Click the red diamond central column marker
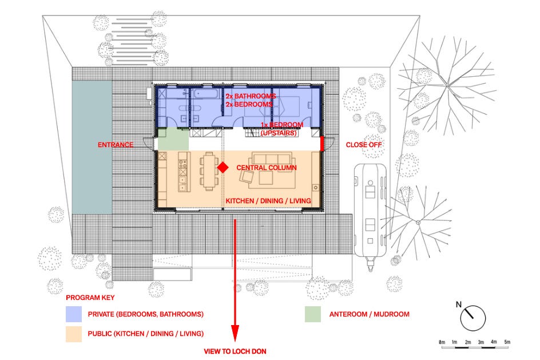tap(223, 168)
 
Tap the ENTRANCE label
tap(116, 145)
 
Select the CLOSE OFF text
tap(364, 145)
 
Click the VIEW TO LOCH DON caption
tap(235, 351)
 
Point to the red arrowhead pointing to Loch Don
tap(235, 333)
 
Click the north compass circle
tap(473, 318)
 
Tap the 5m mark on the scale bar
tap(507, 342)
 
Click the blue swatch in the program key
tap(74, 314)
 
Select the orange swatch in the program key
tap(74, 334)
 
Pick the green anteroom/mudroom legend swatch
tap(313, 314)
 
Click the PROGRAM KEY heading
tap(90, 298)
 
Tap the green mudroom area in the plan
tap(173, 139)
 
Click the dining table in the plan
tap(209, 171)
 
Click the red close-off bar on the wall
tap(322, 144)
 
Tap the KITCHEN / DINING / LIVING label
tap(268, 201)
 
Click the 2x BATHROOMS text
tap(251, 96)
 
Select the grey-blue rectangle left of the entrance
tap(92, 147)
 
